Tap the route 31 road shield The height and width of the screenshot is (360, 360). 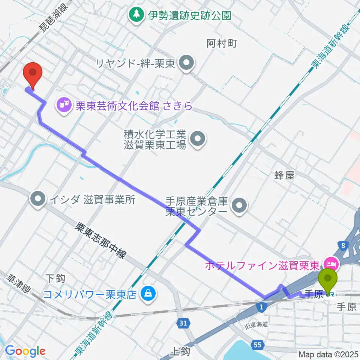click(x=183, y=322)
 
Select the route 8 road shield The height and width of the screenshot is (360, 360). click(x=343, y=246)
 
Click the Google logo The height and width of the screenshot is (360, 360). click(x=25, y=351)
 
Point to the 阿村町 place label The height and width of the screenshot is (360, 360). click(x=222, y=43)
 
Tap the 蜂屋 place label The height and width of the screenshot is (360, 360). click(x=284, y=175)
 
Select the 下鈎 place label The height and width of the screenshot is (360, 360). click(x=55, y=278)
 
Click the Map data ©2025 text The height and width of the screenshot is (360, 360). click(x=328, y=354)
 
